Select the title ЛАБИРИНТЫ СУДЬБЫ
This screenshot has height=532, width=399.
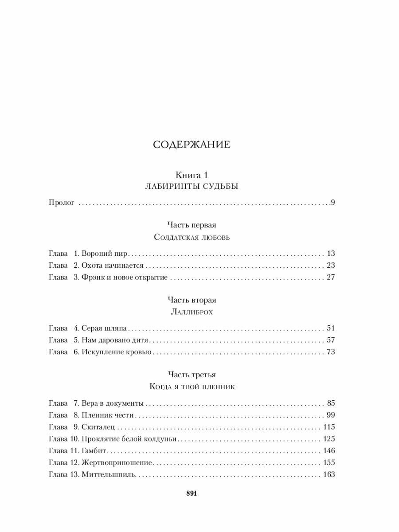pyautogui.click(x=192, y=186)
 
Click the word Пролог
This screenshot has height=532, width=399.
pyautogui.click(x=61, y=203)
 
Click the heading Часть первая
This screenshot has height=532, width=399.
pyautogui.click(x=192, y=225)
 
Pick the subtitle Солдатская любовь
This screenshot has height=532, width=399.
pyautogui.click(x=192, y=237)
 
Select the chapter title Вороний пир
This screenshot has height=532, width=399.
pyautogui.click(x=104, y=254)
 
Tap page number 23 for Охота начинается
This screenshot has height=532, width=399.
pyautogui.click(x=330, y=266)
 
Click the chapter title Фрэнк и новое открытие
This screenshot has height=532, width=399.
pyautogui.click(x=124, y=278)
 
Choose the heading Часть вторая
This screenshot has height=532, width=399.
pyautogui.click(x=192, y=300)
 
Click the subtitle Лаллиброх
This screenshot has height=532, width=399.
pyautogui.click(x=192, y=312)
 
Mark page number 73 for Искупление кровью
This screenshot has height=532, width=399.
pyautogui.click(x=330, y=352)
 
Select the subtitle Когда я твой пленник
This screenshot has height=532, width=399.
pyautogui.click(x=192, y=386)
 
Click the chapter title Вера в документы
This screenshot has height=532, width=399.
pyautogui.click(x=112, y=403)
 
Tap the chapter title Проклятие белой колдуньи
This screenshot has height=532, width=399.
pyautogui.click(x=129, y=439)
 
